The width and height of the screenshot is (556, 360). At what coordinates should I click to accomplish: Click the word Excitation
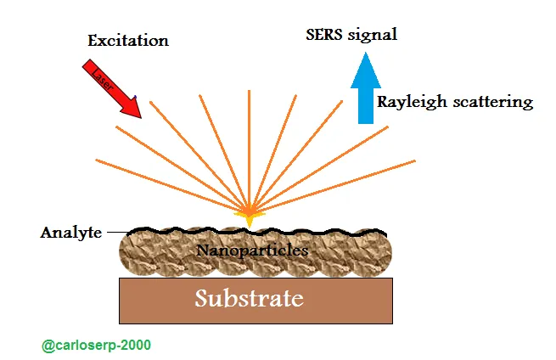[128, 41]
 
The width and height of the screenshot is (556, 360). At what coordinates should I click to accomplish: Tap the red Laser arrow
[112, 88]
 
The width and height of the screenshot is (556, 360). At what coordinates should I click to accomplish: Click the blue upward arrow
[366, 88]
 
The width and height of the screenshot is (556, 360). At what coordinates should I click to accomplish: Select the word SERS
[323, 35]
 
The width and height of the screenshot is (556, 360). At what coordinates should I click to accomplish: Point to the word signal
[373, 36]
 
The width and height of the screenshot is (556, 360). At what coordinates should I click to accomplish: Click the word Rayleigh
[412, 103]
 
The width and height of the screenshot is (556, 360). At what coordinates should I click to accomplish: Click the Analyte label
[71, 233]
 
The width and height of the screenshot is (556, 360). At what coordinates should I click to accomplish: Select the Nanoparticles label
[252, 250]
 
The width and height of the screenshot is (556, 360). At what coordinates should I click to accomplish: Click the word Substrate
[250, 298]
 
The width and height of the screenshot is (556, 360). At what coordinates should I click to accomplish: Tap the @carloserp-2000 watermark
[96, 345]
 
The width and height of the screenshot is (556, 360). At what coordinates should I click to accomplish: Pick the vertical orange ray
[250, 149]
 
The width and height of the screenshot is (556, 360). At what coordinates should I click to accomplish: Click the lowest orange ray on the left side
[172, 185]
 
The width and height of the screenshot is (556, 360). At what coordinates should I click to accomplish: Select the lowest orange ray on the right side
[333, 186]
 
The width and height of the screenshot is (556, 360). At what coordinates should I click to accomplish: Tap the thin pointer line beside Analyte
[118, 233]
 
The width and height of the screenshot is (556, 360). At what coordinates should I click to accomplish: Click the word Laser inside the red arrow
[103, 80]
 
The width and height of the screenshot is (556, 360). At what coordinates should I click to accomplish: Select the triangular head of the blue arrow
[366, 71]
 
